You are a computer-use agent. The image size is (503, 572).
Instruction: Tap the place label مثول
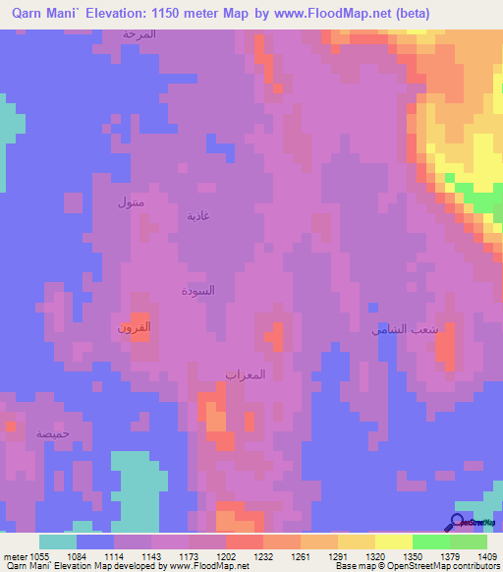(x=131, y=203)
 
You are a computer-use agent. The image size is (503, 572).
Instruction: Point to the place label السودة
(x=197, y=291)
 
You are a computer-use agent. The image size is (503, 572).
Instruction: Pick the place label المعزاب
(x=246, y=374)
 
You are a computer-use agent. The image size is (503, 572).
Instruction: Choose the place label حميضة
(x=53, y=432)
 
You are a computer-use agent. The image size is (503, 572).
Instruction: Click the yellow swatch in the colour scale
(x=394, y=542)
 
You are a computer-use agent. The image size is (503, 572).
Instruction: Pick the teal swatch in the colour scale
(x=58, y=542)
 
